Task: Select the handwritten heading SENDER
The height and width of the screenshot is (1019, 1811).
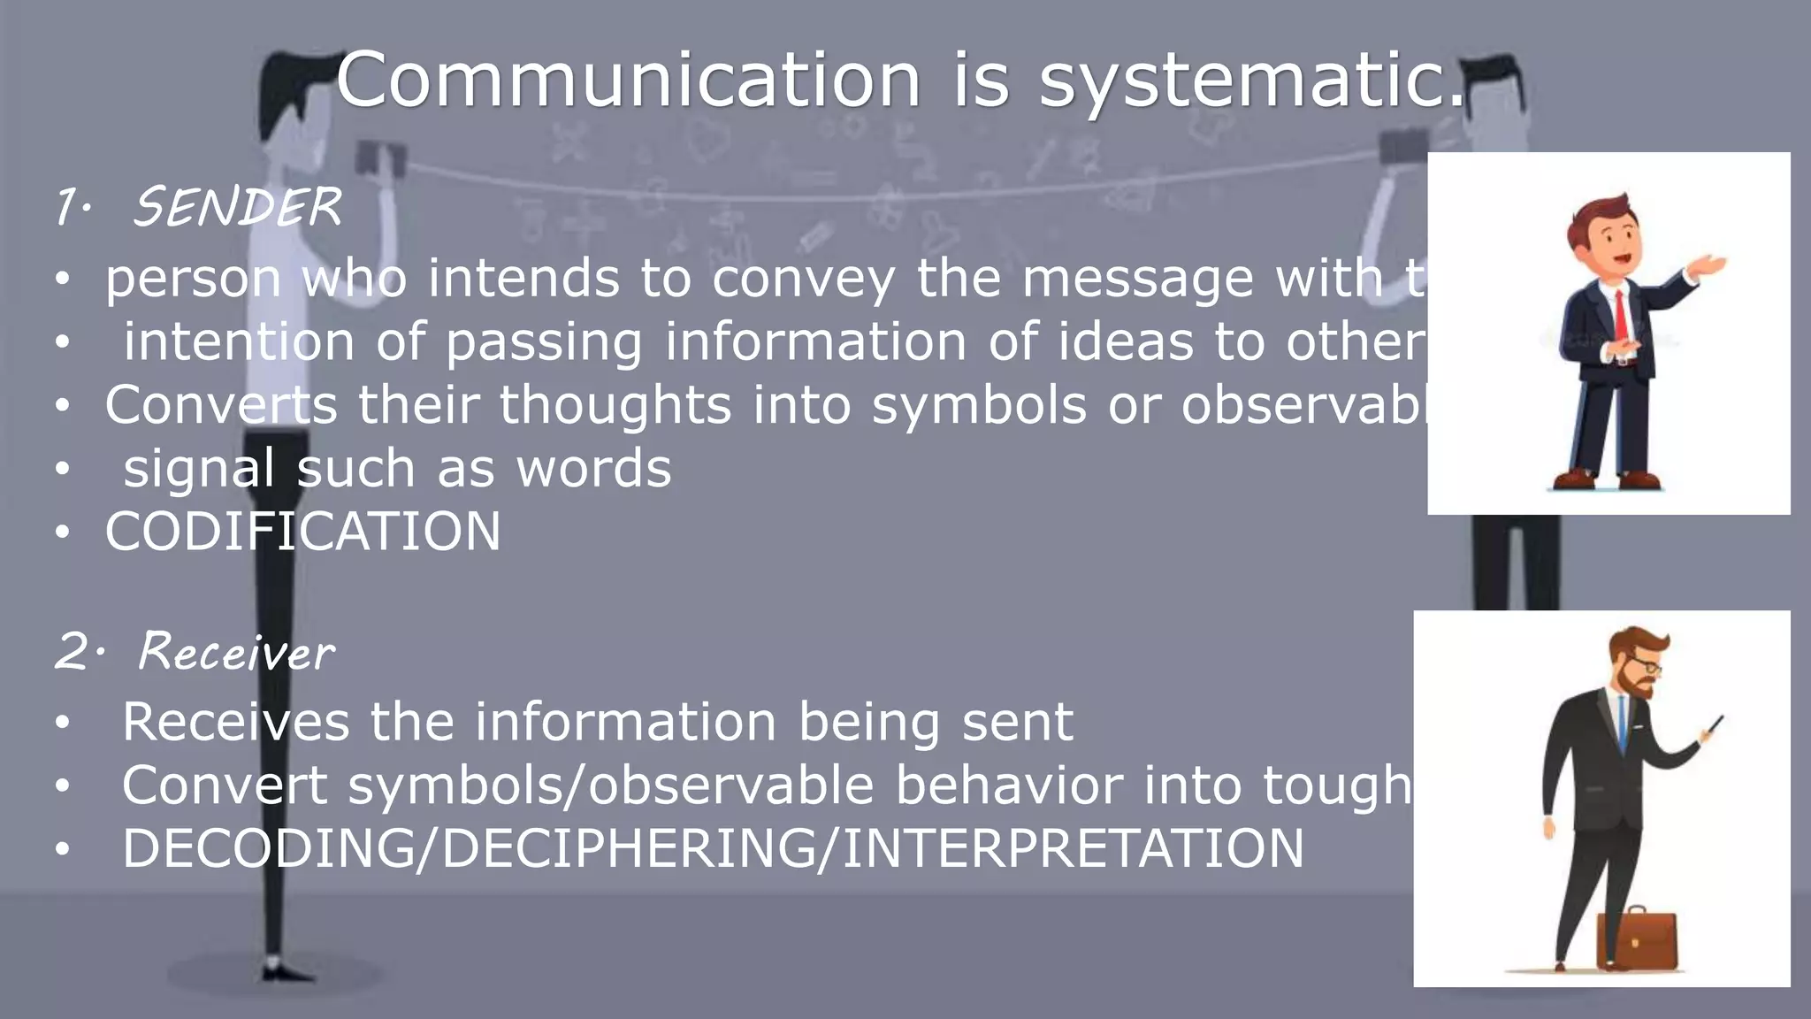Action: (x=237, y=208)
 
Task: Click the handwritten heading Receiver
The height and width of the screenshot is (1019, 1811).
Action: (x=237, y=653)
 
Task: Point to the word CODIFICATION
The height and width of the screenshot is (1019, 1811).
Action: (x=302, y=532)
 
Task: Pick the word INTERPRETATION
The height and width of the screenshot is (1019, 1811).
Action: (x=1073, y=848)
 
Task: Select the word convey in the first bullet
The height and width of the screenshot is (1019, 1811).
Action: (x=804, y=280)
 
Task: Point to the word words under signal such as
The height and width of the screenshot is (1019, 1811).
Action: (x=593, y=469)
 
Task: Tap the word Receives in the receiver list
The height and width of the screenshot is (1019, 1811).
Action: (x=235, y=722)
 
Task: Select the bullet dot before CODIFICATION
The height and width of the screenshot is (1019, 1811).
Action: (x=61, y=532)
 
